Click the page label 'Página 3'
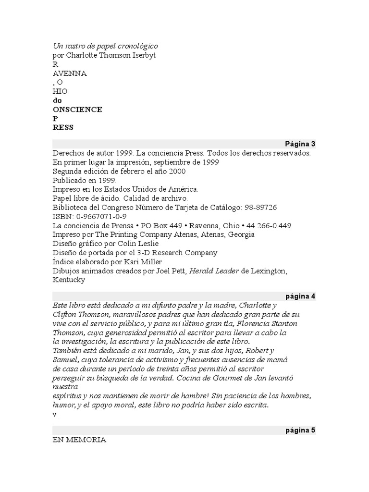point(300,144)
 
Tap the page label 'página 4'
point(300,296)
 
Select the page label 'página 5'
point(300,430)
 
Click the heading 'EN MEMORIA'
point(79,440)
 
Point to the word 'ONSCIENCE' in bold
point(77,110)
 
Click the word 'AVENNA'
point(70,73)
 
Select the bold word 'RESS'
point(63,128)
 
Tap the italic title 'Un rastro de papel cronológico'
point(105,46)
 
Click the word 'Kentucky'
point(69,280)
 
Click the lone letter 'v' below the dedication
point(55,414)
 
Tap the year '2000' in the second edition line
point(177,171)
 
